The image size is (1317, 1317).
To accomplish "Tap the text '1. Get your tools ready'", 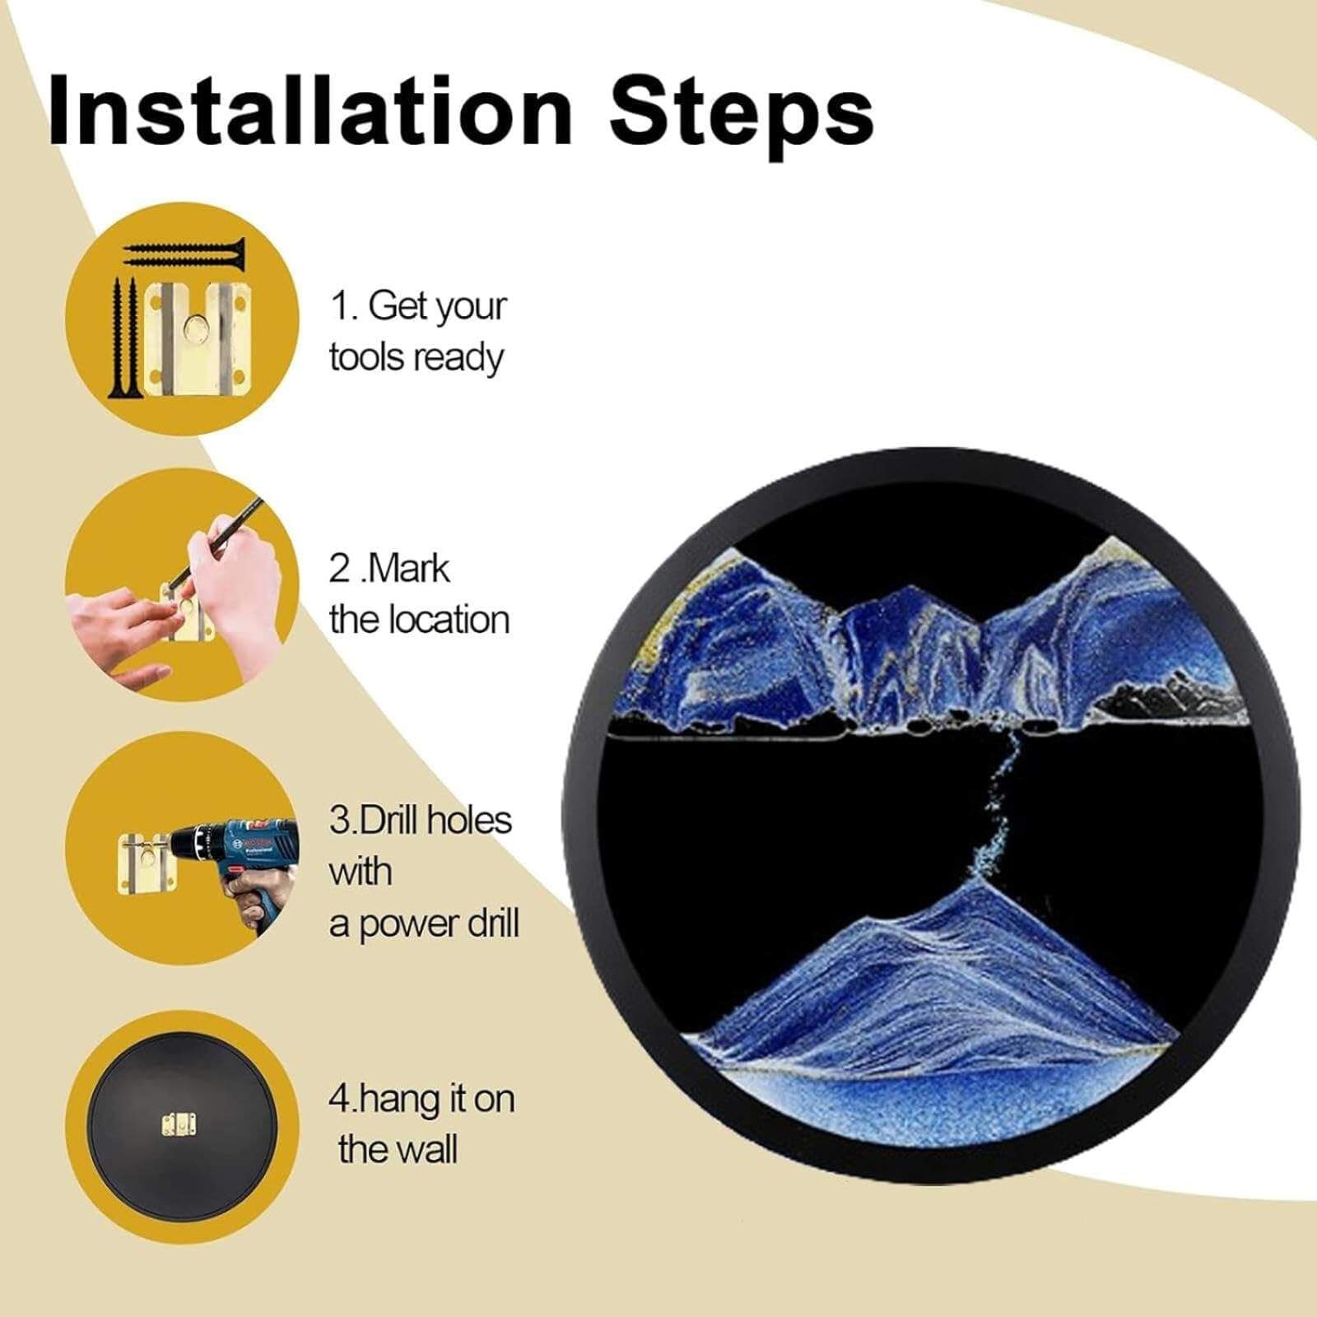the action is click(418, 332).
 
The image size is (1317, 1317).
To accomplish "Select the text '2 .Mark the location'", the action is click(419, 594).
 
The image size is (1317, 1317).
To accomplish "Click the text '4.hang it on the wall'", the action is click(421, 1124).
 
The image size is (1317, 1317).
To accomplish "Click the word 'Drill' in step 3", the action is click(387, 821).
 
